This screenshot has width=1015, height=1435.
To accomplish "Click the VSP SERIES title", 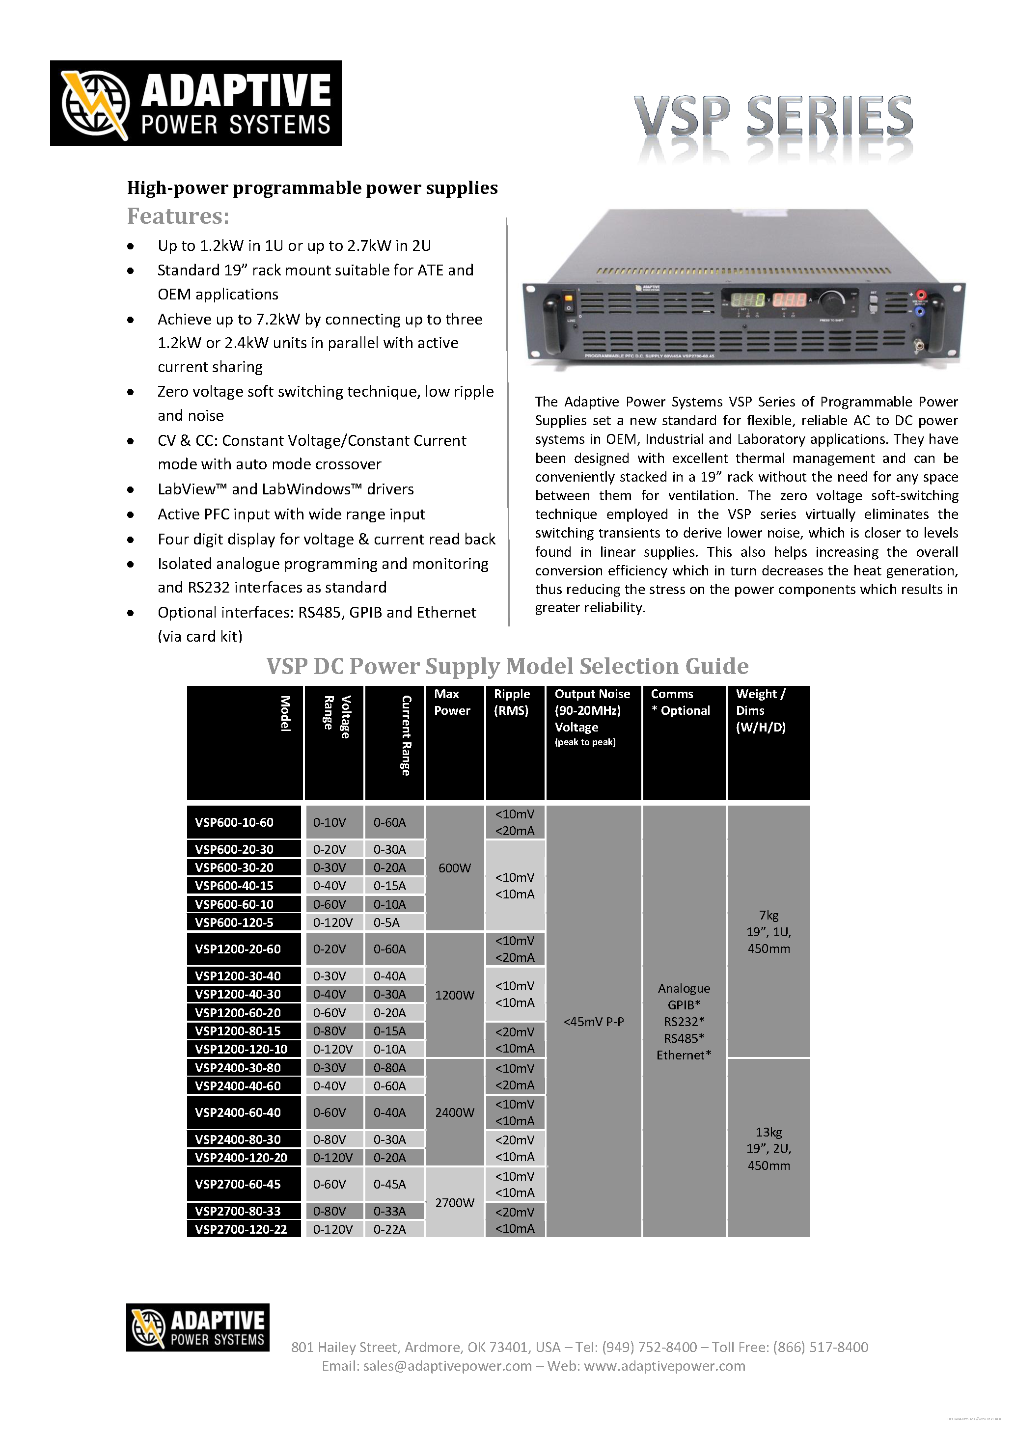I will coord(773,116).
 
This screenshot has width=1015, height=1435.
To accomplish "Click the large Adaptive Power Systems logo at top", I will coord(195,103).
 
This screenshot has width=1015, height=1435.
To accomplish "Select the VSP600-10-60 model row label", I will coord(234,822).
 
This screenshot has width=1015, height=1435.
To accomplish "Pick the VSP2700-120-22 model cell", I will coord(241,1229).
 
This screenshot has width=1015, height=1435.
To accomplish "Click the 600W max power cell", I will coord(454,867).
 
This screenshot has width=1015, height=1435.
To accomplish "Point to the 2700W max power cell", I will coord(454,1202).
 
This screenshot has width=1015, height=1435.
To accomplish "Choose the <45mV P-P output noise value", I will coord(593,1022).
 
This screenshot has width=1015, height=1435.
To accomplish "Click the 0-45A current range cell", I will coord(389,1184).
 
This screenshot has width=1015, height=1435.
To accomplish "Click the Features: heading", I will coord(178,216).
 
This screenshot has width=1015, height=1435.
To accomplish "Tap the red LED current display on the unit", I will coord(791,299).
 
